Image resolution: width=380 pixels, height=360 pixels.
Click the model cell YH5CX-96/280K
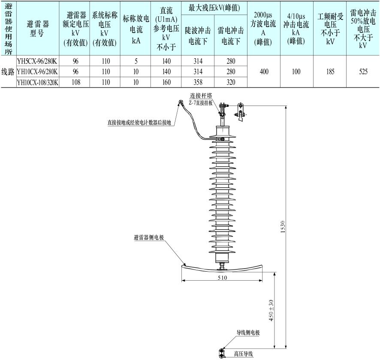[x=37, y=61]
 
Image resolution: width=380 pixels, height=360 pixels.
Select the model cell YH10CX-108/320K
[x=37, y=82]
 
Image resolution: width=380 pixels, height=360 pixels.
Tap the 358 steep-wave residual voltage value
[x=198, y=82]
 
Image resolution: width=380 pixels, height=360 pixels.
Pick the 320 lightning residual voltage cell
[x=231, y=82]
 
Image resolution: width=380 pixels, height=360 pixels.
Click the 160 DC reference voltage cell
[x=166, y=82]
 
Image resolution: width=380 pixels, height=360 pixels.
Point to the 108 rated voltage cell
[x=75, y=82]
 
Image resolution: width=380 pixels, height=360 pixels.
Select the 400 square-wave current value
[x=264, y=72]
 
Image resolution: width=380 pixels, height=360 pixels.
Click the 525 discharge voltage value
[x=363, y=72]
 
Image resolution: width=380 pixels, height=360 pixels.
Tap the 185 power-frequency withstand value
[x=330, y=72]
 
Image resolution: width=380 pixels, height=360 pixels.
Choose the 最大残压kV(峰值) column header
[x=214, y=8]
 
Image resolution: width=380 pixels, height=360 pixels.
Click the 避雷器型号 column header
[x=37, y=28]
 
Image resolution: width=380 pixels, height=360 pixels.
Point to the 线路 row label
[x=8, y=72]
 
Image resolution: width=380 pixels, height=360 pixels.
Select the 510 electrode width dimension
[x=222, y=278]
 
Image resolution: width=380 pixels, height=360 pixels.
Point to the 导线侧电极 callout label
[x=248, y=332]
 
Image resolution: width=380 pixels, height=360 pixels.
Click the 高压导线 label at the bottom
[x=243, y=354]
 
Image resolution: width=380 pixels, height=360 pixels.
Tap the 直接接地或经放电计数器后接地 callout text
[x=139, y=122]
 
